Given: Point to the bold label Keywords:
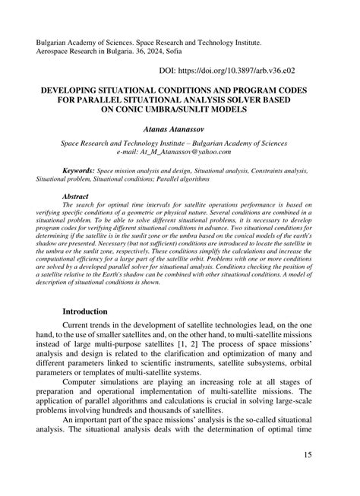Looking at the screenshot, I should coord(79,172).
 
